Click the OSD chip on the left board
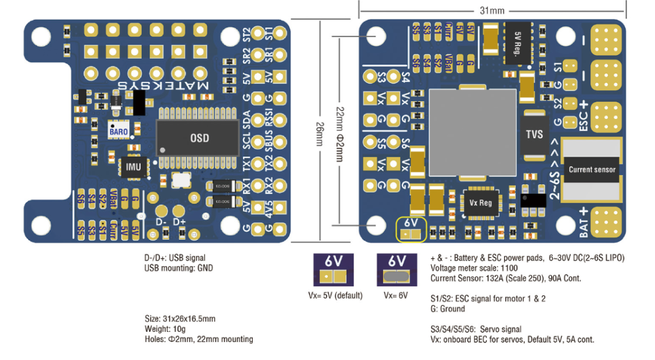(199, 138)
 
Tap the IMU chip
(133, 167)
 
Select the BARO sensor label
(118, 131)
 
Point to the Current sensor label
(592, 169)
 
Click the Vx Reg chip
(481, 203)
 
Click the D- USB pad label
(161, 222)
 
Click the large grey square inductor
(472, 132)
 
